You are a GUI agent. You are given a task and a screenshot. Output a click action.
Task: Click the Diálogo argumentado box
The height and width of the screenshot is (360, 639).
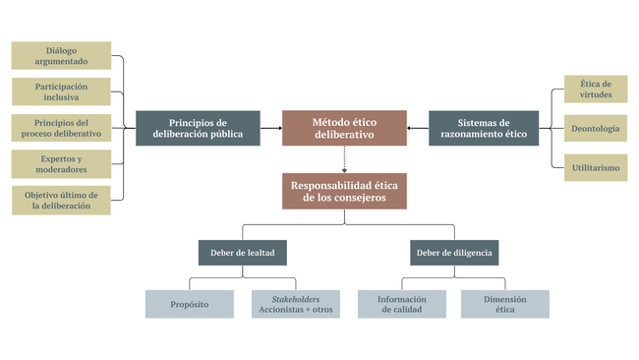point(61,55)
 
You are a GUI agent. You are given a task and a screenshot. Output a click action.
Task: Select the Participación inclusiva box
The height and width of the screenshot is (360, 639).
point(61,91)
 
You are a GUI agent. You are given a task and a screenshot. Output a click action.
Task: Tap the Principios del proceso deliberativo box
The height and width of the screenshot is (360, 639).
point(61,128)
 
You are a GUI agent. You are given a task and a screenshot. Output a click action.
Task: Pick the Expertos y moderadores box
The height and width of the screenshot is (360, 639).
point(61,164)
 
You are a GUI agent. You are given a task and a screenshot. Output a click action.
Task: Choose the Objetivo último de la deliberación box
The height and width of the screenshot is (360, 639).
point(61,201)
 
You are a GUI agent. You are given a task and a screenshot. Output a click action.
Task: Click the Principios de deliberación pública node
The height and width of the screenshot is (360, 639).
point(198,128)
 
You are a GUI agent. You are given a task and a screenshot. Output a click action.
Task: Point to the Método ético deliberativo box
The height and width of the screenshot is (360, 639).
point(344,128)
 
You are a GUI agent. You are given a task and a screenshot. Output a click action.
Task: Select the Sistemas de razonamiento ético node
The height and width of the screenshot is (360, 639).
point(484,128)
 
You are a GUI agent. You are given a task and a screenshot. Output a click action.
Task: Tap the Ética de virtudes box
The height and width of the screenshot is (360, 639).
point(596,89)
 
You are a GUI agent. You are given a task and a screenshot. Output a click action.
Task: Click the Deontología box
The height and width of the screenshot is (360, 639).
point(596,129)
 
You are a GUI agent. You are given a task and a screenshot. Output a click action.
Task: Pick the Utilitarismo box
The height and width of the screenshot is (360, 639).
point(596,167)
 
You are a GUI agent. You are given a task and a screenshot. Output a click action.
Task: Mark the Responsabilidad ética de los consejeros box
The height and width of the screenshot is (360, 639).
point(344,191)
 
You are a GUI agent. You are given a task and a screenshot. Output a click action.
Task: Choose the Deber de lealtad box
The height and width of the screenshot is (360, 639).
point(243,253)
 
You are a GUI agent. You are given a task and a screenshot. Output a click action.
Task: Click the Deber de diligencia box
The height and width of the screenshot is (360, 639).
point(454,253)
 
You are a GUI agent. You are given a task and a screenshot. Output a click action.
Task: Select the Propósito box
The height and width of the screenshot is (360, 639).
point(190,304)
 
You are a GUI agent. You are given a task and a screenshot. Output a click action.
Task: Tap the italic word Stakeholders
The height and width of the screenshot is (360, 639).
point(296,299)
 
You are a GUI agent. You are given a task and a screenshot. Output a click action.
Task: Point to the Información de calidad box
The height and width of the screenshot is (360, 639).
point(402,304)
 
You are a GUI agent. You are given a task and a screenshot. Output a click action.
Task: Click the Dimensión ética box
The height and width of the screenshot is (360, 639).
point(505,304)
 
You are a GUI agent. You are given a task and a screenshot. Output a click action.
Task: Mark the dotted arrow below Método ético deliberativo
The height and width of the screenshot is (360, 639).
point(344,159)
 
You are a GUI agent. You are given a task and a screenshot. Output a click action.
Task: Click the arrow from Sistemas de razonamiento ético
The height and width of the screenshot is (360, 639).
point(418,128)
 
